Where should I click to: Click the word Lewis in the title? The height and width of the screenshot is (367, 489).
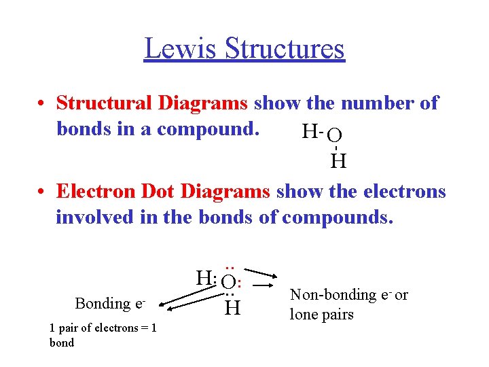(179, 49)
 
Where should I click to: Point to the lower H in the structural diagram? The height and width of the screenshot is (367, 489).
(338, 161)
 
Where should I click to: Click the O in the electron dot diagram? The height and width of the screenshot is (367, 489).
(229, 281)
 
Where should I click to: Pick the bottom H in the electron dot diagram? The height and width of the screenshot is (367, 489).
(232, 309)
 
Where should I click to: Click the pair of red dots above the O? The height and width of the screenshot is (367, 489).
(229, 266)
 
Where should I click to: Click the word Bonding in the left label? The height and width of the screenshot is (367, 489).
(103, 303)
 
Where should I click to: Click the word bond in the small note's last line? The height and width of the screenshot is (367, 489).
(61, 343)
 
